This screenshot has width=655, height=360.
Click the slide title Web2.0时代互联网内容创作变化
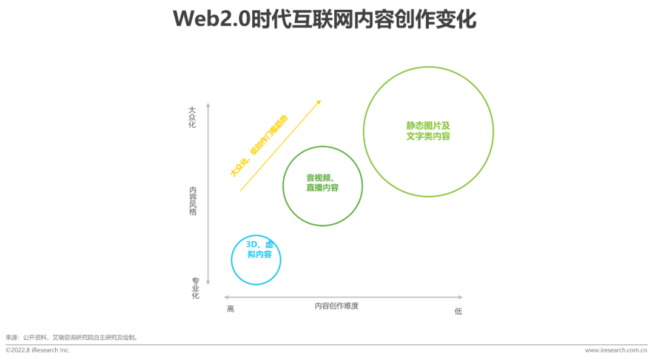point(324,19)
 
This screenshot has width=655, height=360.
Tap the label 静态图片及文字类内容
point(428,131)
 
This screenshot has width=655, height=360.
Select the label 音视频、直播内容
point(322,182)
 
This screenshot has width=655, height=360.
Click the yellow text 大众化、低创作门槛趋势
point(259,145)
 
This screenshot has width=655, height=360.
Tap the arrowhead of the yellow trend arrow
point(318,102)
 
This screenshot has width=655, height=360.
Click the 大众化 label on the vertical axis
point(192,118)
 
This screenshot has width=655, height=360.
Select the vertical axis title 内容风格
point(193,201)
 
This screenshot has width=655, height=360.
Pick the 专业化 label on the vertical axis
point(195,288)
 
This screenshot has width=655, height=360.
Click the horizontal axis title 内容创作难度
point(337,306)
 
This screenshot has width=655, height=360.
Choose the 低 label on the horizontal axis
point(458,311)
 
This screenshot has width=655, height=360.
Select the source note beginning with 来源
point(72,337)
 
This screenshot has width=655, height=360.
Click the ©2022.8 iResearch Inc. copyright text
point(38,350)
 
